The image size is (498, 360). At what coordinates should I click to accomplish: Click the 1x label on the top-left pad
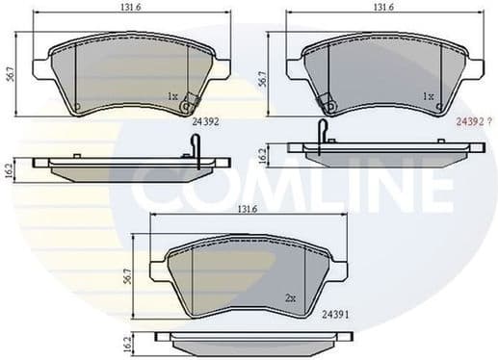click(x=172, y=96)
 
